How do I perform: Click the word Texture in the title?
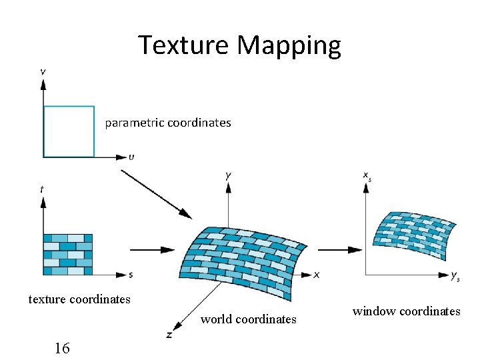(184, 45)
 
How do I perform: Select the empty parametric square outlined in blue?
(69, 131)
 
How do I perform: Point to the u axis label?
(131, 157)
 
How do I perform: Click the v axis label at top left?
(43, 71)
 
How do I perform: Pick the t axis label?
(42, 189)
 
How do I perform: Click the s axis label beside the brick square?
(131, 274)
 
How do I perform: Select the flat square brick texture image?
(68, 254)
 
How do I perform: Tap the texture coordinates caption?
(79, 299)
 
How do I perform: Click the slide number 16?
(62, 347)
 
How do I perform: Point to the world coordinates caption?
(249, 319)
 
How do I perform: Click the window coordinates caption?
(406, 311)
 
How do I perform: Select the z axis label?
(169, 335)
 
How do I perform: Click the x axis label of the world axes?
(317, 274)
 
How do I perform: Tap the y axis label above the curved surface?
(229, 175)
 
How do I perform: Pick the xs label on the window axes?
(367, 176)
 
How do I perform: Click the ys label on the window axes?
(455, 275)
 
